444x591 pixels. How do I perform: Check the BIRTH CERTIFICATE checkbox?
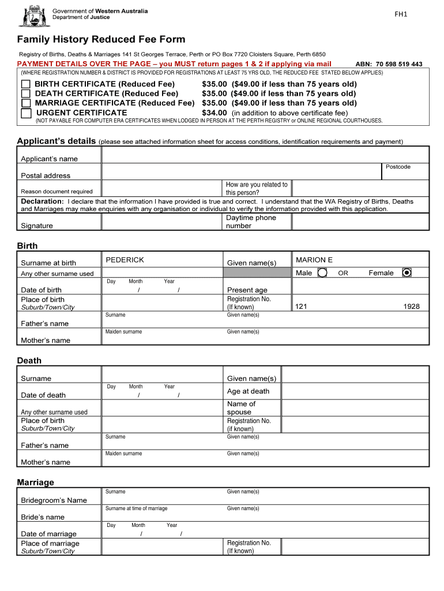(26, 84)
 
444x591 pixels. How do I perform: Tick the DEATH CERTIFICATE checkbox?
(26, 93)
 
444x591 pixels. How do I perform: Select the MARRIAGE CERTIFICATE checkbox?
(26, 103)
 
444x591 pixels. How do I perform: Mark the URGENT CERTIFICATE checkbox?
(26, 113)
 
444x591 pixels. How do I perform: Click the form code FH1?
(401, 14)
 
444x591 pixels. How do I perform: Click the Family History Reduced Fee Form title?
(101, 39)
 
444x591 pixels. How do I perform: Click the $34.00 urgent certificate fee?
(214, 113)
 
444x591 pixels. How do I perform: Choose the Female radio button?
(407, 272)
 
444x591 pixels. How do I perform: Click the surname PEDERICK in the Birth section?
(125, 260)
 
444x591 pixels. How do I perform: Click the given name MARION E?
(314, 260)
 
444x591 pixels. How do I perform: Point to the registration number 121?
(300, 306)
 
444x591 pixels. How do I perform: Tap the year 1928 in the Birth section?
(411, 306)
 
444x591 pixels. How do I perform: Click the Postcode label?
(398, 167)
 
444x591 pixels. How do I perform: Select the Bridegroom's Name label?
(54, 500)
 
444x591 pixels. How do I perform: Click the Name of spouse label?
(241, 408)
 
